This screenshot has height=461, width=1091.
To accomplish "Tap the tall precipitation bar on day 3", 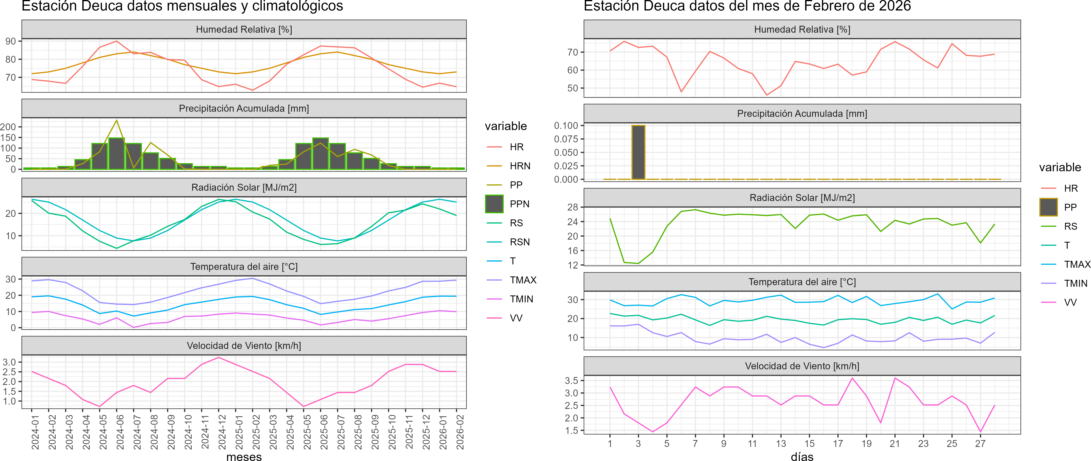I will (638, 152).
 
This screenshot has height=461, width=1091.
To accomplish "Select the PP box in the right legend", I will (1049, 207).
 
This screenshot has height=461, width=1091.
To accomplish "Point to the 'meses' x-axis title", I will (244, 456).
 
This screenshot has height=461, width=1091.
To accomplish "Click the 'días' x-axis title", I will (802, 456).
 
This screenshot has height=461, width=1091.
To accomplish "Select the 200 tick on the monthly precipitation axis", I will (8, 127).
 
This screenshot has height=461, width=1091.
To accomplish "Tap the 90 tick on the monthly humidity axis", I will (10, 41).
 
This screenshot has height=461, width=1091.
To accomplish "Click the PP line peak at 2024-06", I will (117, 120).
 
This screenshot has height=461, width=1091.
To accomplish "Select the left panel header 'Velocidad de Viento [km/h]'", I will (244, 346).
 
